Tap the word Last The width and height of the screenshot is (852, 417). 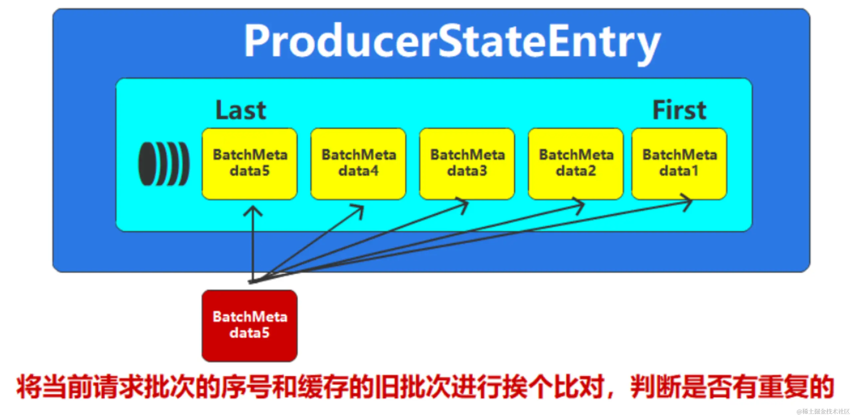[241, 110]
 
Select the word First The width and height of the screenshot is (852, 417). [679, 110]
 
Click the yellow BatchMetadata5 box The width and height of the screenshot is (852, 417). [250, 164]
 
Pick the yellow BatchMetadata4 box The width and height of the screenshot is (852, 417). [358, 164]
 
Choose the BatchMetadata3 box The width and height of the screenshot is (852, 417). [467, 164]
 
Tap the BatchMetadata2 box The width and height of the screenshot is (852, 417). [576, 164]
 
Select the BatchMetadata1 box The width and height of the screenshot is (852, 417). [679, 164]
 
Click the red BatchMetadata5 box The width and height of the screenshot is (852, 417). [250, 325]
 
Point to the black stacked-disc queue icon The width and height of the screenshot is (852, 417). [164, 163]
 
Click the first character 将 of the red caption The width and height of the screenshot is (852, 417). [29, 386]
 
